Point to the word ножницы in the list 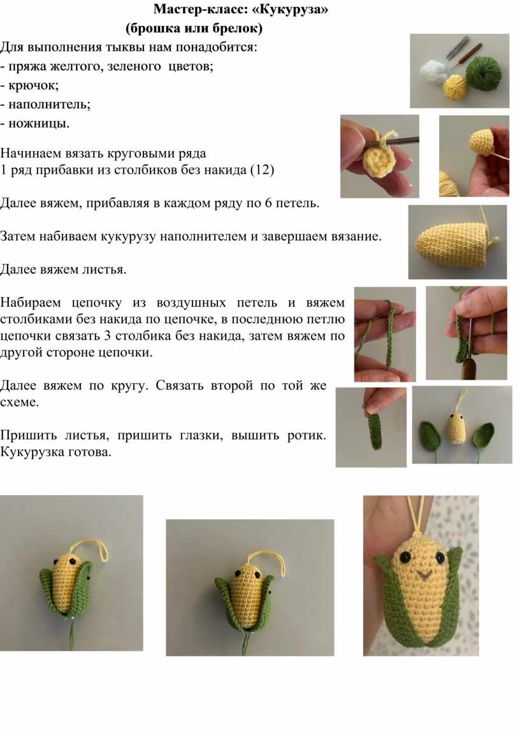pyautogui.click(x=39, y=124)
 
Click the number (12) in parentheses pyautogui.click(x=263, y=170)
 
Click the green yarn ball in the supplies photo pyautogui.click(x=484, y=73)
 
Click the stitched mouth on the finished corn pyautogui.click(x=422, y=575)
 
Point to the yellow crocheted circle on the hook pyautogui.click(x=379, y=160)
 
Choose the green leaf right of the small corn pyautogui.click(x=482, y=437)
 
